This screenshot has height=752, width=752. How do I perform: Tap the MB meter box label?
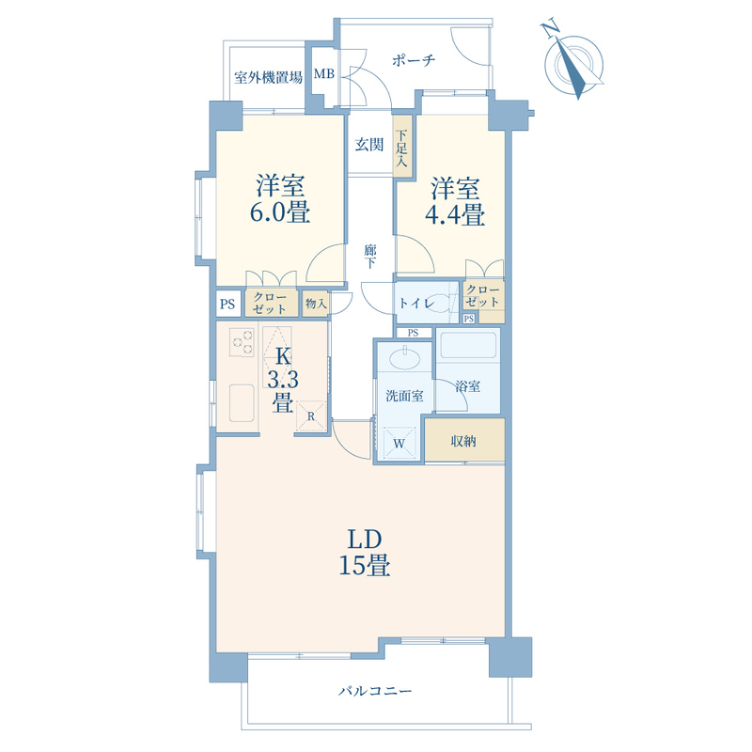323,74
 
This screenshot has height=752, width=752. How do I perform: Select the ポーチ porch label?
414,60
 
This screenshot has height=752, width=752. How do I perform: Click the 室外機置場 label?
268,77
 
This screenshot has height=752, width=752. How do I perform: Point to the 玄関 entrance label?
368,145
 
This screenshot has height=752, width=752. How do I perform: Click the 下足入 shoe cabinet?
402,147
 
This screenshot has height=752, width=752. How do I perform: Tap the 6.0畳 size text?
279,212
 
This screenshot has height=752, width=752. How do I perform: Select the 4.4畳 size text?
455,214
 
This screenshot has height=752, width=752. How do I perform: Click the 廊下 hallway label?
369,257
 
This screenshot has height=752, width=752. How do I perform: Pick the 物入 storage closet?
315,304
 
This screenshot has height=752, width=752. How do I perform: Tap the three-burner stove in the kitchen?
242,342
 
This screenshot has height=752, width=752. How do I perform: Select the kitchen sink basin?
242,403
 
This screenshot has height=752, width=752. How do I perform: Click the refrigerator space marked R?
311,415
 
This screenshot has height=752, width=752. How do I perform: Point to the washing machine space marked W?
399,443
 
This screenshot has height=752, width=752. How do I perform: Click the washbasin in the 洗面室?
405,359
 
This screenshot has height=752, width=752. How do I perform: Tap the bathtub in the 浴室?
468,345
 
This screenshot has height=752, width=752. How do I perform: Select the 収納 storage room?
464,440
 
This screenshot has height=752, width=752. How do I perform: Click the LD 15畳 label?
365,553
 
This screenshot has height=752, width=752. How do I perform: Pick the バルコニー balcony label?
375,691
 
